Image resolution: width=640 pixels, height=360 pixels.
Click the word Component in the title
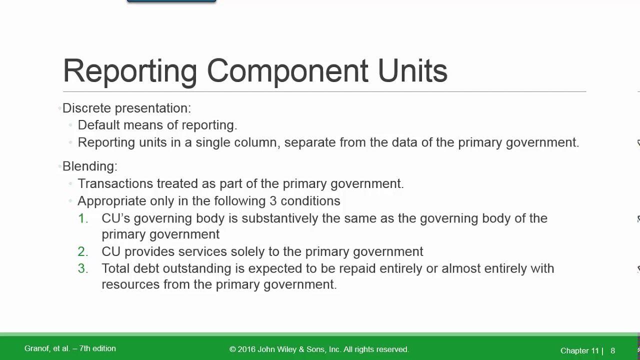287,71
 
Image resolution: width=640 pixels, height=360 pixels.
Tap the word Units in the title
412,71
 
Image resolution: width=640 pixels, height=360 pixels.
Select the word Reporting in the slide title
130,71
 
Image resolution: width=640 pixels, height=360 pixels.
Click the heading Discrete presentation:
126,108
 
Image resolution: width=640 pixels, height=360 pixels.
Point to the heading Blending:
90,166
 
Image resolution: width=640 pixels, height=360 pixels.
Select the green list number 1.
83,218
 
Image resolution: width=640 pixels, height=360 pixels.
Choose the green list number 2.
83,251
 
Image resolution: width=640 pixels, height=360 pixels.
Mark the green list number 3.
83,268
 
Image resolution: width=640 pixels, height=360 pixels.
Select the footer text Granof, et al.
47,348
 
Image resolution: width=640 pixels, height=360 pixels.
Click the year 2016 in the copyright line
246,349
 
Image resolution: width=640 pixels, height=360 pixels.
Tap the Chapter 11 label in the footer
579,351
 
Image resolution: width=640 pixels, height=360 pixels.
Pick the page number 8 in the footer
613,351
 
